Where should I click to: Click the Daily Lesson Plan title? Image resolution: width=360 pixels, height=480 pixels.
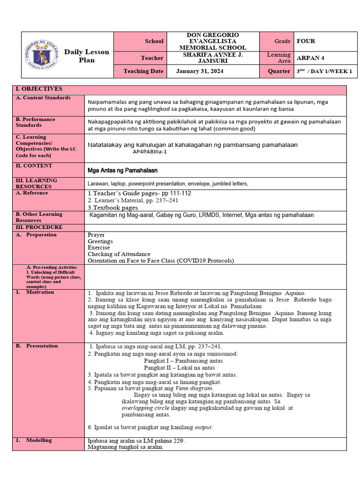[x=86, y=56]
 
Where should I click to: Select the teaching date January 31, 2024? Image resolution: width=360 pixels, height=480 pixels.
[x=200, y=71]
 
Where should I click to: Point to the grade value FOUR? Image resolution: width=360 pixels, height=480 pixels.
[x=306, y=41]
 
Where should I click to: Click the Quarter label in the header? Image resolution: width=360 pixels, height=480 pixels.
[x=279, y=71]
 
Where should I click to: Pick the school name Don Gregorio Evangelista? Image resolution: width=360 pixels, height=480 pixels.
[x=213, y=41]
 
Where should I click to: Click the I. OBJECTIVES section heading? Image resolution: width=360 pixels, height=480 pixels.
[x=39, y=89]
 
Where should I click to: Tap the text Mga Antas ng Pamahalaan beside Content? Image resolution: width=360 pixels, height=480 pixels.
[x=123, y=170]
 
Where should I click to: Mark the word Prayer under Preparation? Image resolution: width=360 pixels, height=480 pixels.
[x=96, y=235]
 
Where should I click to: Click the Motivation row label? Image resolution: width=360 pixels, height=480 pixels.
[x=40, y=292]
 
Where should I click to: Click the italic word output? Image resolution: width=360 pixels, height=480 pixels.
[x=203, y=427]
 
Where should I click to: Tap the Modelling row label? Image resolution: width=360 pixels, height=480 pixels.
[x=39, y=441]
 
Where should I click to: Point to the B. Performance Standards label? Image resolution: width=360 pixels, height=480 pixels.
[x=35, y=122]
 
